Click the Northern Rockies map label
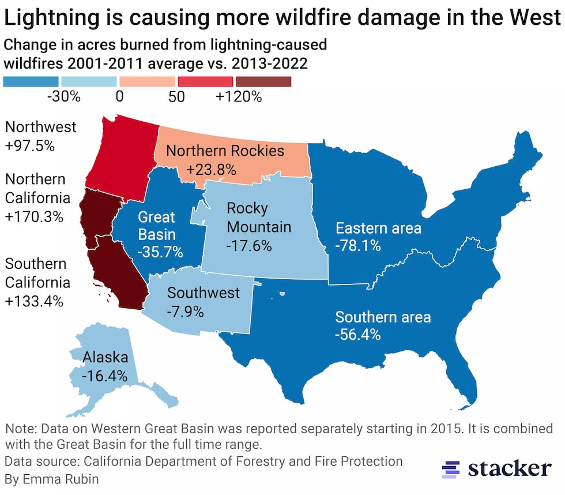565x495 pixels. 225,151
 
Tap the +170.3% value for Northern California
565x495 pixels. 33,217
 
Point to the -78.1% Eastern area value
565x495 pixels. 357,246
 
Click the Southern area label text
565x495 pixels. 383,317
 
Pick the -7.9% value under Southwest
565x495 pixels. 185,312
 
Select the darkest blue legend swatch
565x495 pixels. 31,81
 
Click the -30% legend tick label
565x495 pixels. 63,97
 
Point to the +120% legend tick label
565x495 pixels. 239,97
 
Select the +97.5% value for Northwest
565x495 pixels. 29,146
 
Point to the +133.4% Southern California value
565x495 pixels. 34,301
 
